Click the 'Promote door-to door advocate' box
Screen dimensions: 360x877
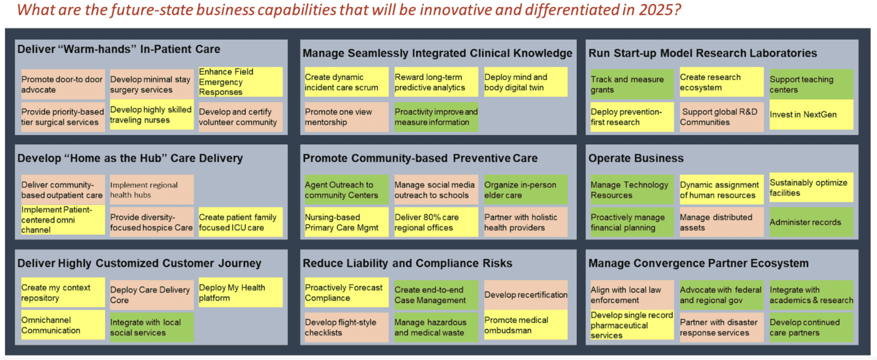pyautogui.click(x=63, y=84)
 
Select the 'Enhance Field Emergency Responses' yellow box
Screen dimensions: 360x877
pyautogui.click(x=240, y=82)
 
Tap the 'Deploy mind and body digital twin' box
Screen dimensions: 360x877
pyautogui.click(x=525, y=82)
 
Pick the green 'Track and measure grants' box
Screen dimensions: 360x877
pyautogui.click(x=631, y=84)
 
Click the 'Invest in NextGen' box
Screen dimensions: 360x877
pyautogui.click(x=811, y=114)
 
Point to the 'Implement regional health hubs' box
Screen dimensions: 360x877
pyautogui.click(x=152, y=190)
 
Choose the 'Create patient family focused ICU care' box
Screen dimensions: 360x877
pyautogui.click(x=240, y=222)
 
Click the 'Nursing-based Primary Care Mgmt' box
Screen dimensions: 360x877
pyautogui.click(x=346, y=222)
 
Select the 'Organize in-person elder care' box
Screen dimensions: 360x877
pyautogui.click(x=525, y=190)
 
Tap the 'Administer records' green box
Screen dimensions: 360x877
pyautogui.click(x=811, y=222)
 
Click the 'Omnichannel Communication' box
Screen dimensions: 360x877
pyautogui.click(x=63, y=325)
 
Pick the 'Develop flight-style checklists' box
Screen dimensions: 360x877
pyautogui.click(x=346, y=327)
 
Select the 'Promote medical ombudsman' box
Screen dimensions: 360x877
pyautogui.click(x=525, y=325)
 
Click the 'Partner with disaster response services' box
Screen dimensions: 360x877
pyautogui.click(x=721, y=327)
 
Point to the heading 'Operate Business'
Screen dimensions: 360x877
pyautogui.click(x=635, y=158)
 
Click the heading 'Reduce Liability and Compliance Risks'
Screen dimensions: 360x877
pyautogui.click(x=407, y=263)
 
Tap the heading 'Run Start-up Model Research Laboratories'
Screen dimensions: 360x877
pyautogui.click(x=702, y=53)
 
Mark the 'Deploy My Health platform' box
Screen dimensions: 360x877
pyautogui.click(x=240, y=292)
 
